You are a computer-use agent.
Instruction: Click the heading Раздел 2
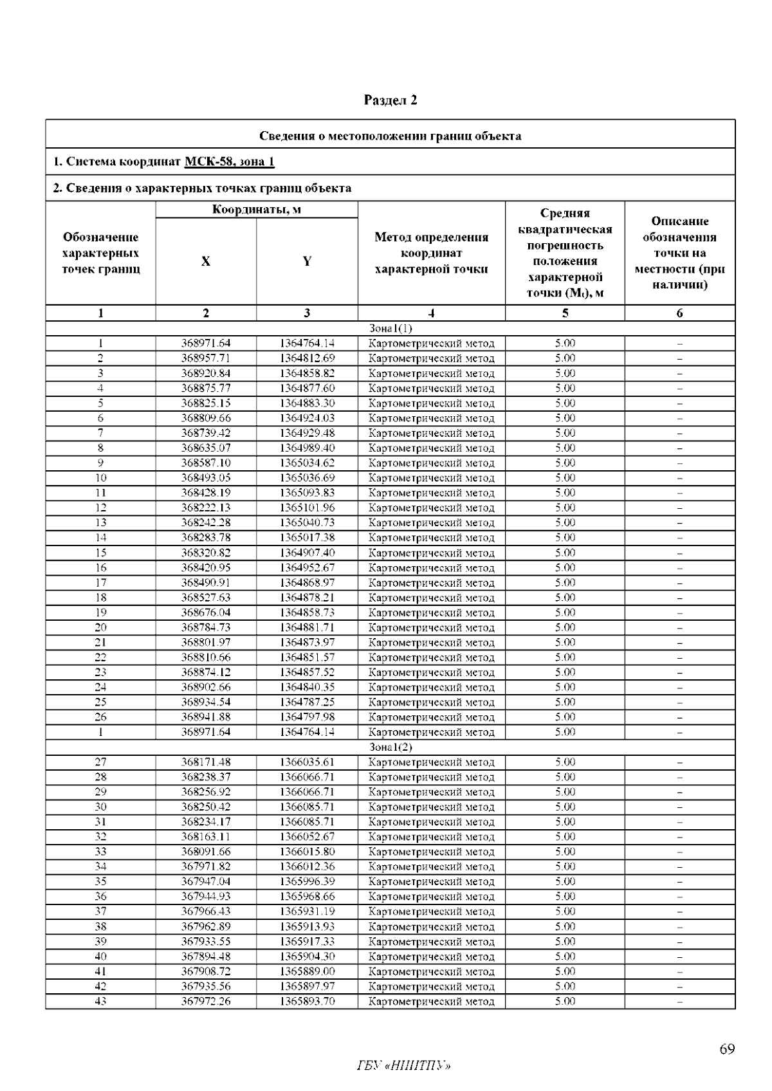click(x=391, y=100)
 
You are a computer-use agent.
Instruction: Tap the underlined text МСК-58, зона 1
click(x=230, y=161)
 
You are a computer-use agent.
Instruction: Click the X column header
click(x=206, y=261)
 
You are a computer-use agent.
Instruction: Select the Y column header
click(x=307, y=261)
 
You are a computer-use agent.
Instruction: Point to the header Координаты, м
click(x=257, y=210)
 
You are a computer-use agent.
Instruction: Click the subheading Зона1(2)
click(x=391, y=747)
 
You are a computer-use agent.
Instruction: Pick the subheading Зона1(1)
click(x=391, y=328)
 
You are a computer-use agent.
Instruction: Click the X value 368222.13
click(x=206, y=508)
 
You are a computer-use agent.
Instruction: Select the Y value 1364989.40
click(x=307, y=448)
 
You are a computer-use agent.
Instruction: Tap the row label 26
click(x=100, y=717)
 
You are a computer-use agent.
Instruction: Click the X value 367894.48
click(x=206, y=957)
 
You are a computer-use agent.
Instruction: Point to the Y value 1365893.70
click(x=307, y=1001)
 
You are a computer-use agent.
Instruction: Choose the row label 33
click(x=100, y=852)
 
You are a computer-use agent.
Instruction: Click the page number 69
click(x=727, y=1050)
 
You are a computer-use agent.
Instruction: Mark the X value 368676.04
click(x=206, y=612)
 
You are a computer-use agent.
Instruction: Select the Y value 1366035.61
click(x=307, y=762)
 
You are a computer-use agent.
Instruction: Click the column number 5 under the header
click(x=565, y=313)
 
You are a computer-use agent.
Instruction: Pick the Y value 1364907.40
click(x=307, y=553)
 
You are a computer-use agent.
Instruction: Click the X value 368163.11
click(x=206, y=837)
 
